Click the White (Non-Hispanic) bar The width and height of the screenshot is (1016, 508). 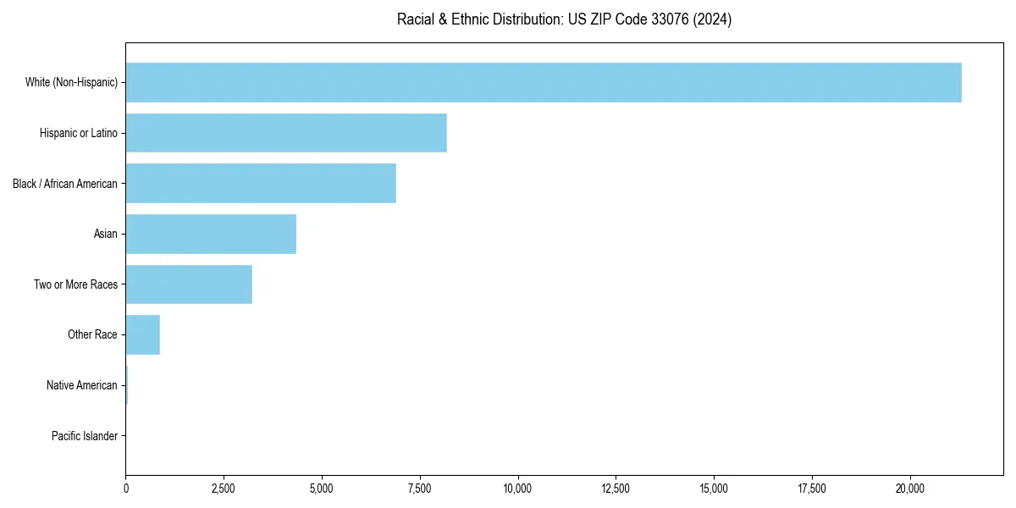click(x=544, y=82)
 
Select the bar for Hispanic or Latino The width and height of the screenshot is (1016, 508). click(x=286, y=133)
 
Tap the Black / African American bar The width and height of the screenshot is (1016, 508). click(x=261, y=183)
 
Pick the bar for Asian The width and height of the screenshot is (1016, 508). click(x=211, y=234)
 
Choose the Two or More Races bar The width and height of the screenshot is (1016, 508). click(x=189, y=284)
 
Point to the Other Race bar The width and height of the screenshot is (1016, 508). click(x=142, y=334)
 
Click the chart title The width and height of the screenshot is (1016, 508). click(x=564, y=19)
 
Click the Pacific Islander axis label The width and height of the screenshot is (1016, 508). click(x=84, y=436)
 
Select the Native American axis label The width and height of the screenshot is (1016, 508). click(x=82, y=385)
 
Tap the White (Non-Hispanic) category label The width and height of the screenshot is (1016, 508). click(x=71, y=82)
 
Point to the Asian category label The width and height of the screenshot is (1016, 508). click(x=106, y=234)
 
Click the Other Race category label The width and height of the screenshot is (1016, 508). click(x=92, y=334)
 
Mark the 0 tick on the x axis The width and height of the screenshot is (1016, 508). click(x=125, y=489)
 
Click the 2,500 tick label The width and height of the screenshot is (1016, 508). click(x=224, y=489)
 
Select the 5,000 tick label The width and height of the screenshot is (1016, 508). click(x=322, y=489)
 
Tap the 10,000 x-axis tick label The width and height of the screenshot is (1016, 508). click(x=517, y=489)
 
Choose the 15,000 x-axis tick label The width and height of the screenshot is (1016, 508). click(x=714, y=489)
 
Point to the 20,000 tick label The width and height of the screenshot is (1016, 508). click(x=910, y=489)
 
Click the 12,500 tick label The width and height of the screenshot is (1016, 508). click(x=616, y=489)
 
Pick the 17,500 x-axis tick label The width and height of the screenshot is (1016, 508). click(x=812, y=489)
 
